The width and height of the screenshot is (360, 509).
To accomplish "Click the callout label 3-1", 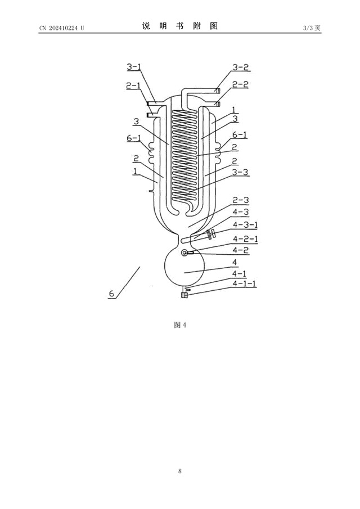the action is point(134,67).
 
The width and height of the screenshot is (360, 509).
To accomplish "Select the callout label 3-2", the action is point(241,67).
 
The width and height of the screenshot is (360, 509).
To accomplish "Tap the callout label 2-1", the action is point(133,85).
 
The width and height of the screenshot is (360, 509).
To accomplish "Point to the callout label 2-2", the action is point(241,84).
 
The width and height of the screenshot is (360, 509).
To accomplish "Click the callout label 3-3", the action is point(241,172).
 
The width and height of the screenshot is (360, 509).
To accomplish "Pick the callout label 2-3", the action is point(241,200).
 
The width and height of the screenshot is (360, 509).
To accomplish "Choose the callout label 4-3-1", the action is point(245,224).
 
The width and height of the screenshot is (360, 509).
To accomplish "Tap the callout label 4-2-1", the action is point(245,239).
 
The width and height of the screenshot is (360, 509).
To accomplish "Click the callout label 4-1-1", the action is point(244,283).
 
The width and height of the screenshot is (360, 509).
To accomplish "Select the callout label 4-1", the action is point(239,274).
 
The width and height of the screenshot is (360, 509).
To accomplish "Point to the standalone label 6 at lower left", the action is point(112,294).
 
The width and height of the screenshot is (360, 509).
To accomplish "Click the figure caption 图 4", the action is point(180,325).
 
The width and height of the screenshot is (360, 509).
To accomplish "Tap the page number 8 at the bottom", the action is point(180,471).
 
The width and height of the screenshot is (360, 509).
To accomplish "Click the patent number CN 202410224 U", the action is point(62,28).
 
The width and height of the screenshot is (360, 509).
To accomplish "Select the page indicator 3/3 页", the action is point(312,28).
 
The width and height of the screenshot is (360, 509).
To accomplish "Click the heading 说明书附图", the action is point(180,26).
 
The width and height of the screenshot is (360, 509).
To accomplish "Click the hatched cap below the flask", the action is point(184,295).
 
